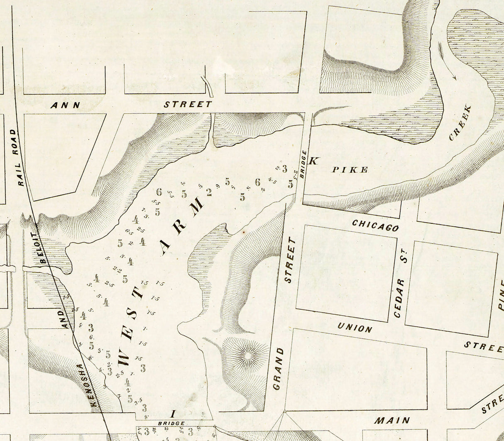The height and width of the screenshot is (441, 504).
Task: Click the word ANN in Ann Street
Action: point(65,105)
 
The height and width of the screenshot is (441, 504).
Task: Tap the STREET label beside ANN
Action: point(188,104)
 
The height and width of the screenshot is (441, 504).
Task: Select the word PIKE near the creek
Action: point(350,169)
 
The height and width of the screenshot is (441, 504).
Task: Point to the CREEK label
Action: point(460,122)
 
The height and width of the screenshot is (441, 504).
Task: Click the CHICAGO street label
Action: point(375,225)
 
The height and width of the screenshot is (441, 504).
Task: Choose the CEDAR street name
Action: point(399,298)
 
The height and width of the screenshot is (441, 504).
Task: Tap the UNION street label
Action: point(355,328)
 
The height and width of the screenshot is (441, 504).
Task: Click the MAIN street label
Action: point(393,420)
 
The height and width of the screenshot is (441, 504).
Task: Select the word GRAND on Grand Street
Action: point(279,369)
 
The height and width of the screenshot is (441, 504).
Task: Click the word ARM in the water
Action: point(183,225)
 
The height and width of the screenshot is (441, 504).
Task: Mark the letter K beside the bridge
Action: point(314,161)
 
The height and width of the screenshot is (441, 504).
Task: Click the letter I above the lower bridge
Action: point(174,413)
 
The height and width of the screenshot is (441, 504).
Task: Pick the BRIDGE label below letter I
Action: point(171,424)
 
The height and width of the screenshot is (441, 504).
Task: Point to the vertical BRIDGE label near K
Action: point(303,164)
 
